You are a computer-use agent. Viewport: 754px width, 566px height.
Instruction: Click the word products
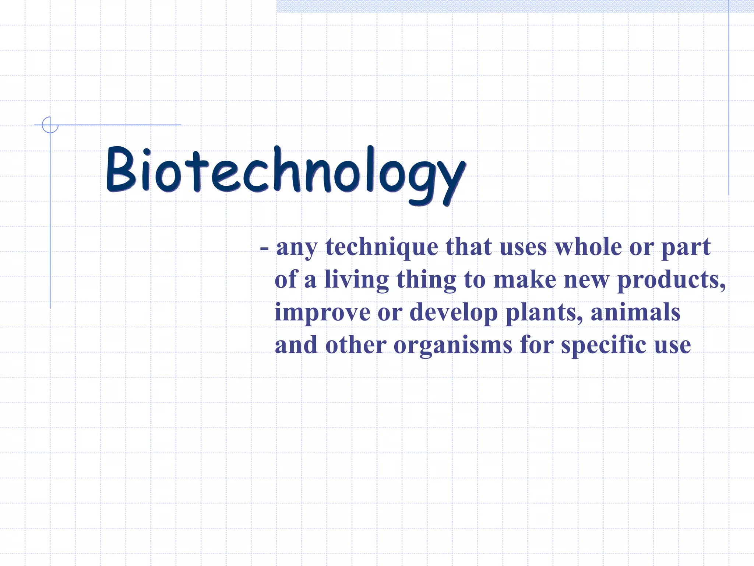(671, 280)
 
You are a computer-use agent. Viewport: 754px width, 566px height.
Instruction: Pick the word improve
(322, 312)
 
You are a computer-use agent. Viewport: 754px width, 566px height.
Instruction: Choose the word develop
(453, 312)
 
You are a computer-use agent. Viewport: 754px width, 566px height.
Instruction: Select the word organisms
(453, 345)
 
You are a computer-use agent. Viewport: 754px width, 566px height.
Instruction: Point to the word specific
(603, 345)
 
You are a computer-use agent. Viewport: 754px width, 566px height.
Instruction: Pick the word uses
(523, 247)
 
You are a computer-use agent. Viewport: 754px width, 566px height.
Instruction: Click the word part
(686, 247)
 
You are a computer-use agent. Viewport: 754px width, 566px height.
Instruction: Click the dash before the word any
(264, 248)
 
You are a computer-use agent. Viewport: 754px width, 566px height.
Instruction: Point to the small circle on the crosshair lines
(50, 125)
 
